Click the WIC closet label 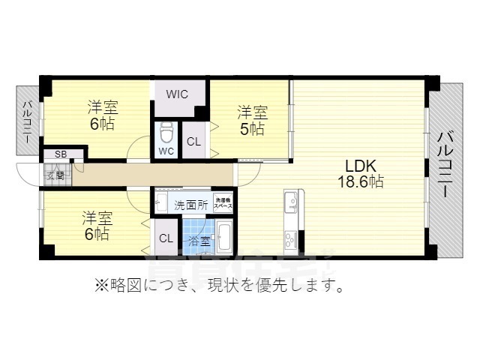(177, 94)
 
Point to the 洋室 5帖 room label (252, 120)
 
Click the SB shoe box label (60, 154)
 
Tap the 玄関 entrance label (55, 176)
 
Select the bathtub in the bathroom (223, 238)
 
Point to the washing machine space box (223, 202)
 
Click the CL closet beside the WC (193, 142)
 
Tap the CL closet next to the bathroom (166, 238)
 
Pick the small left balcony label (27, 121)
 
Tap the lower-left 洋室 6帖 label (97, 225)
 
